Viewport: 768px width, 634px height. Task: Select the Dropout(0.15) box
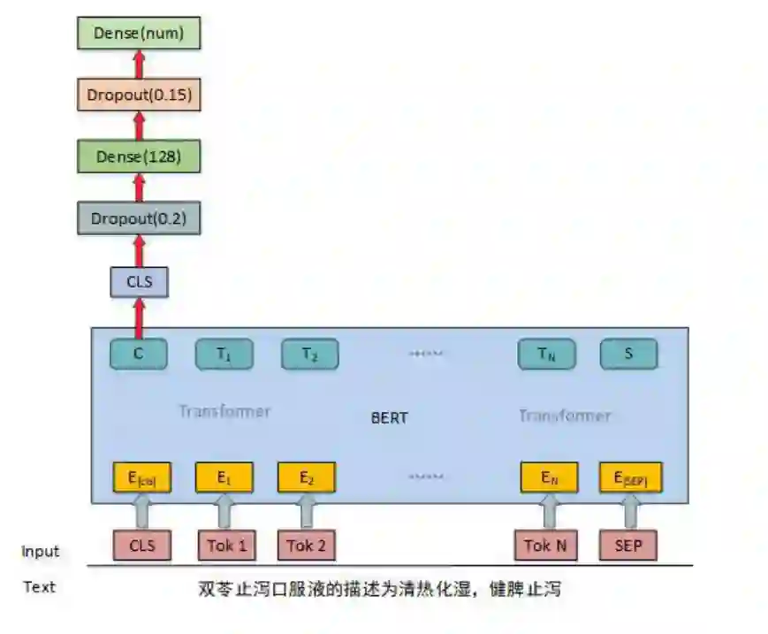point(139,94)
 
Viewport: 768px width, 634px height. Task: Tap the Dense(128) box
point(139,157)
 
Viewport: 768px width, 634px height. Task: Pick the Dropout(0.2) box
point(139,218)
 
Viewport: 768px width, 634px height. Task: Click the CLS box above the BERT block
point(139,282)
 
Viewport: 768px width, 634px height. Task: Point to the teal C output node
point(139,355)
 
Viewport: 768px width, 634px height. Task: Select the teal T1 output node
point(224,355)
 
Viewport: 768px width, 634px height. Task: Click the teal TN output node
point(546,355)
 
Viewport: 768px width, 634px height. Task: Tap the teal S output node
point(628,355)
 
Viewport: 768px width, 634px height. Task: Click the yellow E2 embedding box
point(307,478)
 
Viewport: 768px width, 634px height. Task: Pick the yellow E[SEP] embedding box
point(630,478)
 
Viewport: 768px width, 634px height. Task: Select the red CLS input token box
point(141,545)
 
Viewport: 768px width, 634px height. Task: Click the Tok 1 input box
point(226,545)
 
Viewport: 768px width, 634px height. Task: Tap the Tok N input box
point(545,545)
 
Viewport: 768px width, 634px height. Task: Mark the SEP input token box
point(628,545)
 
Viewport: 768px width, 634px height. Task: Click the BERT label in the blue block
point(389,417)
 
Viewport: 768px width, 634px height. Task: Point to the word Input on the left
point(41,552)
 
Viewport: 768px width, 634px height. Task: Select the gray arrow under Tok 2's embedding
point(307,512)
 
